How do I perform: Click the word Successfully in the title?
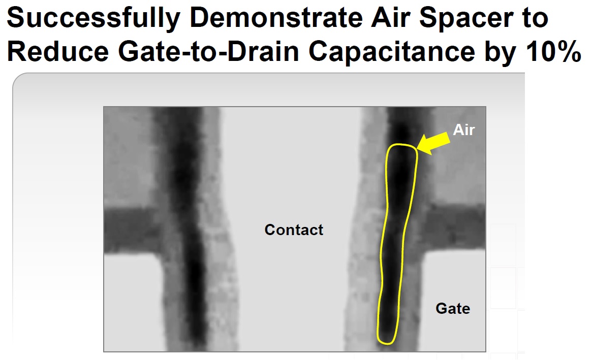(x=93, y=19)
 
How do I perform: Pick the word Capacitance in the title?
(x=391, y=53)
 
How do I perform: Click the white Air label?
(x=463, y=130)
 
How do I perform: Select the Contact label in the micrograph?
(x=294, y=230)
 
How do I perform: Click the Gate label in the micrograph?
(x=453, y=308)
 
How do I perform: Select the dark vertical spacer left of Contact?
(x=188, y=226)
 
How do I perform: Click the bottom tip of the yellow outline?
(x=387, y=344)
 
